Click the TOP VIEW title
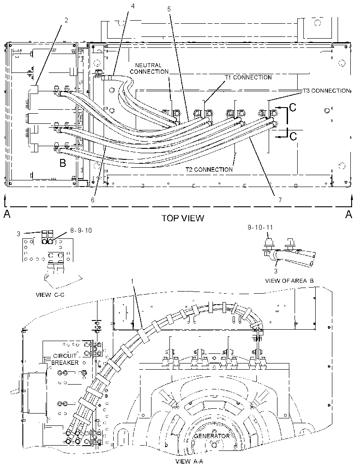pos(183,218)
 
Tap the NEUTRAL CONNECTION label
pos(149,68)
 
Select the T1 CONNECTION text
pos(248,77)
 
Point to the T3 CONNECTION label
pos(326,91)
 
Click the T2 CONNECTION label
pos(209,169)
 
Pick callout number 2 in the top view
pos(66,20)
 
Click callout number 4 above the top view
pos(133,6)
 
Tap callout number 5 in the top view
pos(169,9)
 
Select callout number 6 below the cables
pos(93,200)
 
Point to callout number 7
pos(280,200)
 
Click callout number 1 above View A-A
pos(133,281)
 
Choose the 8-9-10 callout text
pos(81,230)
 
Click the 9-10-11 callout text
pos(260,227)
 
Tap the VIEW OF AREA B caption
pos(289,281)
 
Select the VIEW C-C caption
pos(50,295)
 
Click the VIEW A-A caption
pos(189,461)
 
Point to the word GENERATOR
pos(212,436)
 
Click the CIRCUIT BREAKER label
pos(65,359)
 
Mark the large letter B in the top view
pos(63,163)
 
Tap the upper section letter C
pos(293,107)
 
